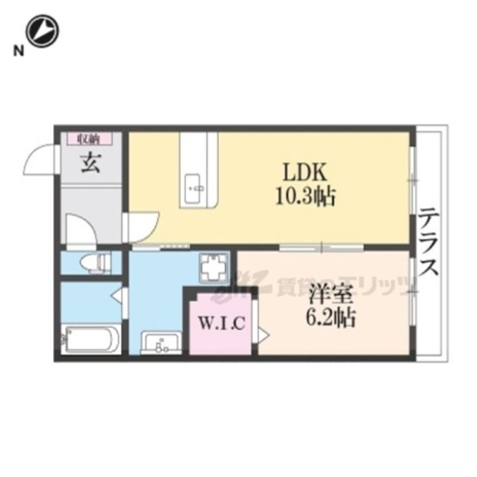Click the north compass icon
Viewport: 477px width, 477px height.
coord(42,31)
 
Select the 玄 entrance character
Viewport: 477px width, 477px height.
coord(91,162)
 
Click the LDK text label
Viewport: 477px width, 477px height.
coord(305,174)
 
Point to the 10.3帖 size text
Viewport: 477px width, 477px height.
coord(306,196)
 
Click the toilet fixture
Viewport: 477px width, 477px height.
coord(95,262)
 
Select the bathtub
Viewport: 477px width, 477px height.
coord(91,340)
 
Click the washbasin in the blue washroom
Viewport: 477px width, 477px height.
coord(160,344)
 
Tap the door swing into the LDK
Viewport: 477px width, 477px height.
coord(142,225)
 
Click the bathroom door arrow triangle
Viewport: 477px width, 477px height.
coord(117,295)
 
